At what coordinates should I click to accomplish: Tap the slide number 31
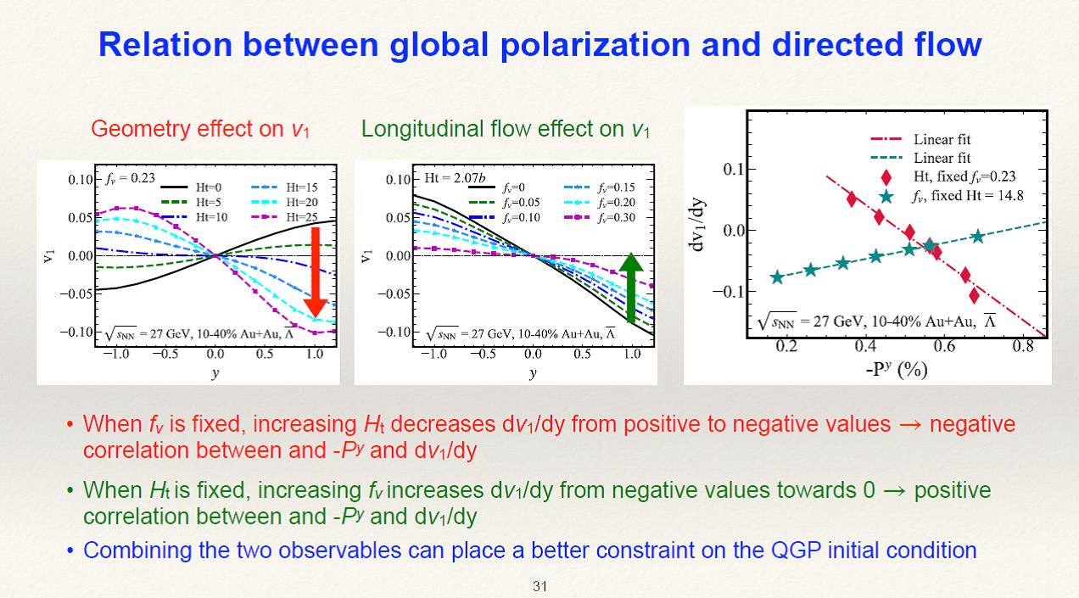click(x=539, y=585)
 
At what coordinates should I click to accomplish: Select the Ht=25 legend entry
click(x=290, y=217)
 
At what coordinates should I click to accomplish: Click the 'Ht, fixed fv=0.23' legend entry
click(x=950, y=176)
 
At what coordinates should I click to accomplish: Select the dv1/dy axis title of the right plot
click(x=699, y=230)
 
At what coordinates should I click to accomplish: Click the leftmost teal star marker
click(x=777, y=277)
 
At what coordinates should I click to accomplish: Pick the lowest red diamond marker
click(x=975, y=295)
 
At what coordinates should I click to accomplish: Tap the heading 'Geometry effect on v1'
click(x=200, y=129)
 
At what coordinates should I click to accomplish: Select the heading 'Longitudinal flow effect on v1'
click(x=506, y=129)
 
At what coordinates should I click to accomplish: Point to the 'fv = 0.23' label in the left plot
click(x=131, y=178)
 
